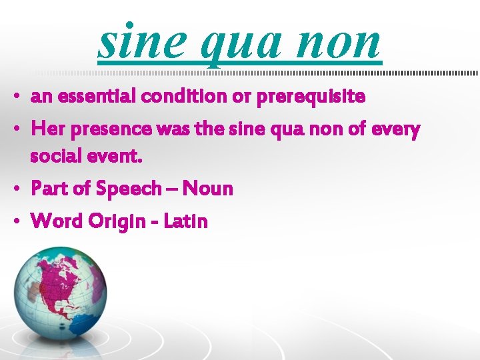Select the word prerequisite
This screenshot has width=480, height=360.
pyautogui.click(x=311, y=97)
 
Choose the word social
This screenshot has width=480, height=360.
pyautogui.click(x=54, y=157)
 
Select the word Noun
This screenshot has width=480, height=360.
pyautogui.click(x=208, y=189)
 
